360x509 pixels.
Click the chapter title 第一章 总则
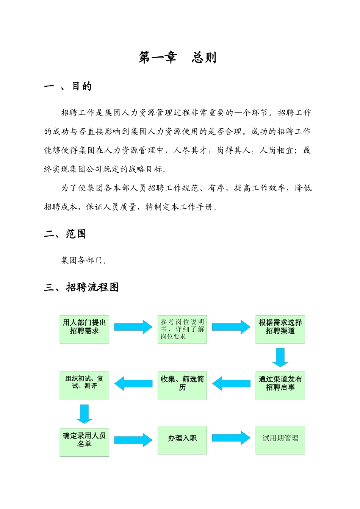[177, 58]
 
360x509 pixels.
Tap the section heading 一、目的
[68, 86]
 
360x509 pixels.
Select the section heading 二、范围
[65, 234]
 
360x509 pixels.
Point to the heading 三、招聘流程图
[81, 287]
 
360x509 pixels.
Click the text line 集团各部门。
[84, 260]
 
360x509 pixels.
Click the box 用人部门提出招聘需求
[84, 329]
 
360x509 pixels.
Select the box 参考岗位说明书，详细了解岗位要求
[182, 329]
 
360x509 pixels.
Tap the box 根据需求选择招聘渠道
[280, 329]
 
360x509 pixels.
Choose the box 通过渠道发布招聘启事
[280, 386]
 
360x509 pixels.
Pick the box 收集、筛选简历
[182, 386]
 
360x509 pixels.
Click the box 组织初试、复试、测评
[84, 386]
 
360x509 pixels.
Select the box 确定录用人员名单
[84, 442]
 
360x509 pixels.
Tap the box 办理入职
[182, 440]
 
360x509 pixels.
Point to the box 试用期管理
[280, 440]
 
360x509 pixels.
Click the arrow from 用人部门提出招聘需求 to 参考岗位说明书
[133, 327]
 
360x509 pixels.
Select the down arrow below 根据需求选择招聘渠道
[280, 358]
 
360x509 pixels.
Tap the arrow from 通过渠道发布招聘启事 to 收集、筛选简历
[231, 384]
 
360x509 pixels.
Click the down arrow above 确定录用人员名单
[84, 414]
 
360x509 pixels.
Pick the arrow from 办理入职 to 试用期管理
[231, 438]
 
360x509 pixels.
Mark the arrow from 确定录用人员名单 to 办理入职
[133, 440]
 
